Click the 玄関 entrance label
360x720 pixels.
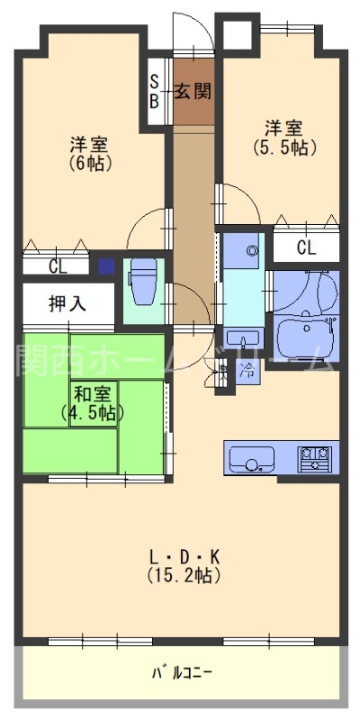[193, 90]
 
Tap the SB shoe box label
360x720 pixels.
[155, 92]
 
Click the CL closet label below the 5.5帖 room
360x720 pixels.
[306, 247]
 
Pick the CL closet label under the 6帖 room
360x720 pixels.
[58, 265]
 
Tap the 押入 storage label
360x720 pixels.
[67, 303]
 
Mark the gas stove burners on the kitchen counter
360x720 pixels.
[316, 458]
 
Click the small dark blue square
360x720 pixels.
[107, 266]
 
